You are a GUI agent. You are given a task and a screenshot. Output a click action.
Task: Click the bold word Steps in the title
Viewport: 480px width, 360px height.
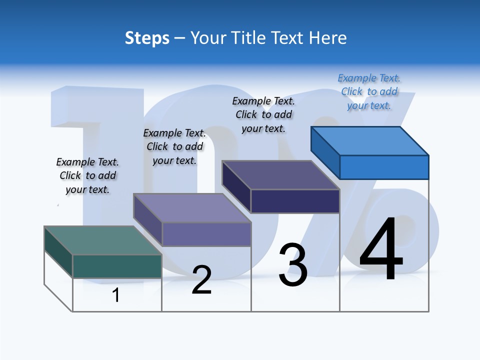(147, 38)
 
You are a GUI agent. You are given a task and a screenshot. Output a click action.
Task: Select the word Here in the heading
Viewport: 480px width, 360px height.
(328, 38)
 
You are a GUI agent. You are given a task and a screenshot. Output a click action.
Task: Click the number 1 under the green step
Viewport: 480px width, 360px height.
(116, 295)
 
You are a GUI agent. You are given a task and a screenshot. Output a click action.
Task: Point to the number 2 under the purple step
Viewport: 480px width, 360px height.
(201, 280)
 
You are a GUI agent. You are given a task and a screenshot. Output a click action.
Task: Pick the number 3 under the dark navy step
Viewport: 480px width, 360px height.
(293, 265)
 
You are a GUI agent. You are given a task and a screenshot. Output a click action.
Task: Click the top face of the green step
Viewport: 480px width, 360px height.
(102, 240)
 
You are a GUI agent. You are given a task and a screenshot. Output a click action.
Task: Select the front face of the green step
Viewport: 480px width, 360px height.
(117, 266)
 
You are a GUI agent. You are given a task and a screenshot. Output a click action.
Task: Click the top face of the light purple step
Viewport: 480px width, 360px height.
(192, 208)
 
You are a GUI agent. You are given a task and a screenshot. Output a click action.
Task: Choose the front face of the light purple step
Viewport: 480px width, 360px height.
(206, 234)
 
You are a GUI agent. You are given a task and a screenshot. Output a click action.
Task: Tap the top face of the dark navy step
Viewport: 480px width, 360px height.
(280, 175)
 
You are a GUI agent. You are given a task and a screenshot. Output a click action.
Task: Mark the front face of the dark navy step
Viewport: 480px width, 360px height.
(295, 201)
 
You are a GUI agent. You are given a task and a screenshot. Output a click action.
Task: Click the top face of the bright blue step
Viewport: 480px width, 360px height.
(369, 141)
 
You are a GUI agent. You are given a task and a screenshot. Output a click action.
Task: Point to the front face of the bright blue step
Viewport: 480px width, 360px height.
(384, 167)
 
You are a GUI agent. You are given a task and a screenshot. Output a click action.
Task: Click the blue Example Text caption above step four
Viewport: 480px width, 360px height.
(369, 91)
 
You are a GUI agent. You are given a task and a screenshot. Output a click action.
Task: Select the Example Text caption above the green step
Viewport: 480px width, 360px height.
(87, 175)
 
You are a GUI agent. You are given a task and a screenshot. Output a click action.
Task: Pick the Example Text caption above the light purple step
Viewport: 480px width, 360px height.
(174, 146)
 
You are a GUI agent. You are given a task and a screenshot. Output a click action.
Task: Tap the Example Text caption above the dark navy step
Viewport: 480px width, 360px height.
(263, 114)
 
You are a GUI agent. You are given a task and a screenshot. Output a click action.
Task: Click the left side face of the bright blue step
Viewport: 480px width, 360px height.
(325, 152)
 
